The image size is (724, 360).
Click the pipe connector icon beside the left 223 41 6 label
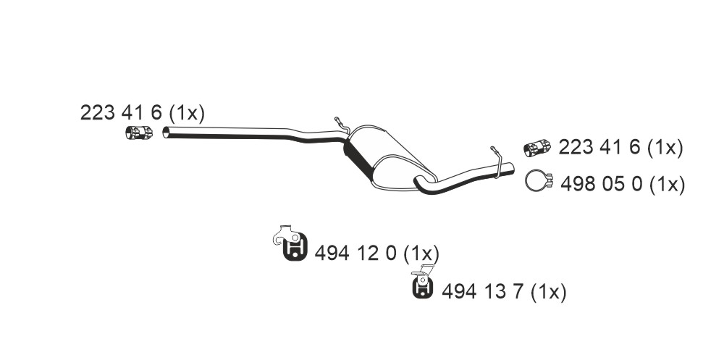click(x=139, y=132)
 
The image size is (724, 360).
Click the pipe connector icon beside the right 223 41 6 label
click(x=537, y=148)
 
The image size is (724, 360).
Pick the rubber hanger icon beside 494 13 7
click(x=423, y=282)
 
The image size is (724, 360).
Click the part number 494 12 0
click(x=355, y=254)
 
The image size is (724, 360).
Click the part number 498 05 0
click(x=601, y=185)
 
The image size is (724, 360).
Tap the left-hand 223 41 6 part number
click(x=121, y=113)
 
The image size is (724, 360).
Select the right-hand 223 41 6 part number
click(x=599, y=148)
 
